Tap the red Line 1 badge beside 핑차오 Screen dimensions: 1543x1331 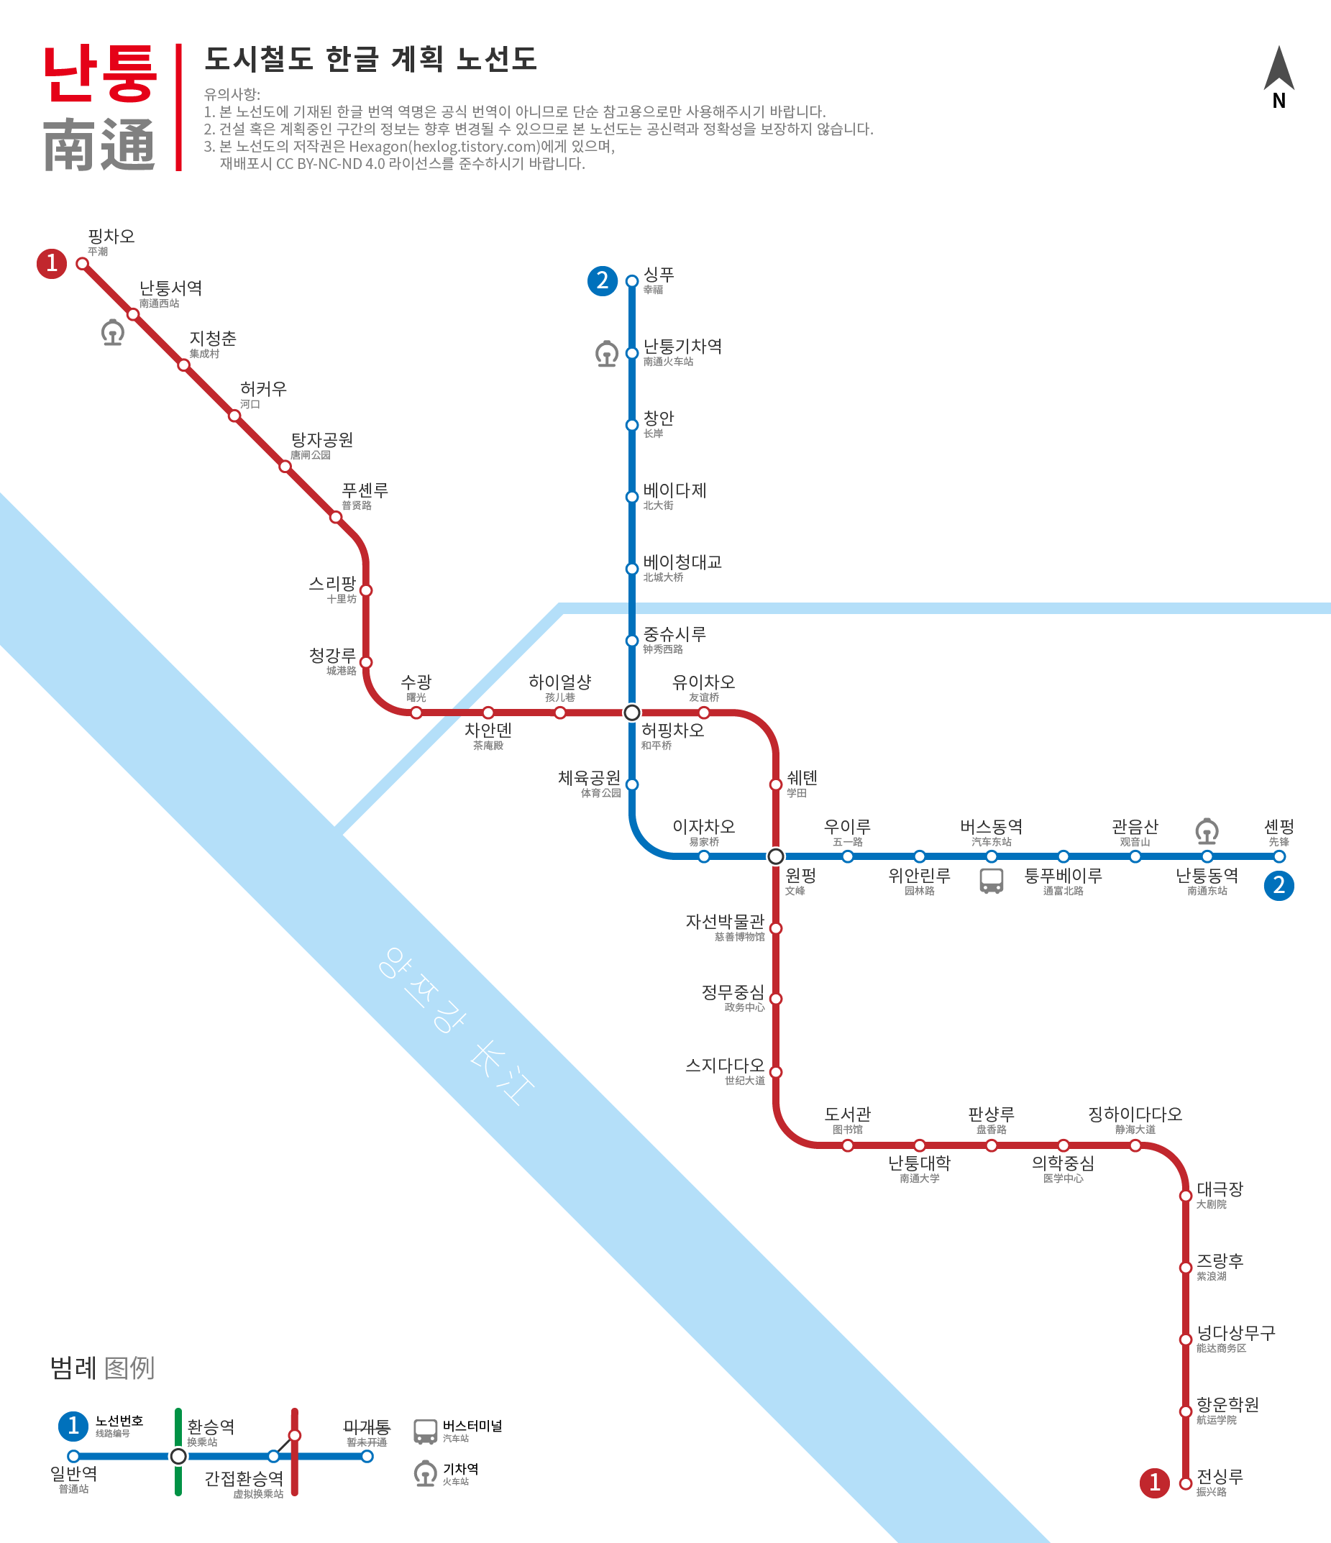51,263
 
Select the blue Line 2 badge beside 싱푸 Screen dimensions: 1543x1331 602,280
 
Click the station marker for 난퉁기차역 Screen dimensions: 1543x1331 631,353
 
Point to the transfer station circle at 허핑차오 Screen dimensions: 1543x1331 631,713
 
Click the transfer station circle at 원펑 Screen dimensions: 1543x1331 775,856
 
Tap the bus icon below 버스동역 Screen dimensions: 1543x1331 992,881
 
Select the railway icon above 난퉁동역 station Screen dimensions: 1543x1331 1207,831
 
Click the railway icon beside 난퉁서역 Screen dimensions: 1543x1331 112,332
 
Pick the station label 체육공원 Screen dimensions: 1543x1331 589,777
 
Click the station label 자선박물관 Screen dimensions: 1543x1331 725,921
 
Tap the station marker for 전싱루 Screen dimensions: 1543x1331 1186,1483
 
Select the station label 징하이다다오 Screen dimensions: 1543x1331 1135,1114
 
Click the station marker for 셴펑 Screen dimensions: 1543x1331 1279,856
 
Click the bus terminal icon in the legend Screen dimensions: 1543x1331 425,1432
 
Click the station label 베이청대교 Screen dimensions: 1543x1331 682,562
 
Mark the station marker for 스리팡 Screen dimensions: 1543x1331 366,590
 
